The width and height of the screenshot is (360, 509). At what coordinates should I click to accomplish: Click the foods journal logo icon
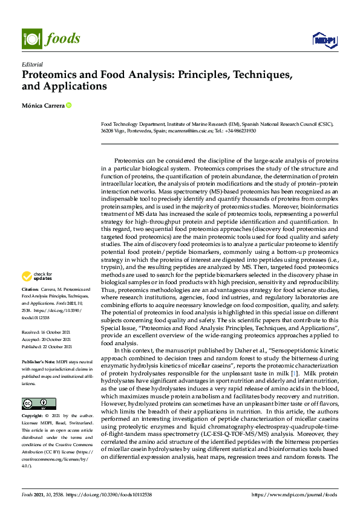[30, 38]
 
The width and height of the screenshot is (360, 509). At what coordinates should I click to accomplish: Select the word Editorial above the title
[32, 64]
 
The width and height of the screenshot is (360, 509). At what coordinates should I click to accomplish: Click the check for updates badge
[36, 276]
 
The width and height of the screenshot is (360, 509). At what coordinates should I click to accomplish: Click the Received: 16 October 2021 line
[47, 332]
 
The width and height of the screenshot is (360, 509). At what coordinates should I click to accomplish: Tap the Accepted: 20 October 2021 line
[47, 340]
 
